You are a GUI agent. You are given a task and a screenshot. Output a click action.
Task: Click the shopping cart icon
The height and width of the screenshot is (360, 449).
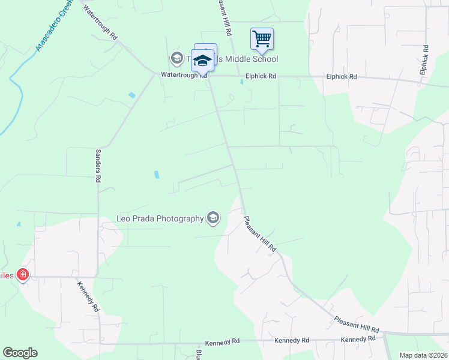click(x=262, y=40)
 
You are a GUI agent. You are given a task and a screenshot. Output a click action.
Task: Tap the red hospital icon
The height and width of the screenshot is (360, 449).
click(x=23, y=275)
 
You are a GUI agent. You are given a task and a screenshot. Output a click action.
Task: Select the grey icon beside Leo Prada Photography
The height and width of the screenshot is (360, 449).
click(x=212, y=218)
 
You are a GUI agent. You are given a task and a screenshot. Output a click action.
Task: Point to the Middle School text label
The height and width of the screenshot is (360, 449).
click(x=250, y=59)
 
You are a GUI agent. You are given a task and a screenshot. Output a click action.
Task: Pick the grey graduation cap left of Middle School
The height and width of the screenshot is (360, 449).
click(x=176, y=58)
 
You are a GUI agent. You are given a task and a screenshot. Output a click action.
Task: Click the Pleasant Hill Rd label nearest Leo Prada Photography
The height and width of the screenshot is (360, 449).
click(x=260, y=234)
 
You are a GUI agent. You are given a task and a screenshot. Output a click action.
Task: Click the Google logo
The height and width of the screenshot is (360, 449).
click(x=20, y=353)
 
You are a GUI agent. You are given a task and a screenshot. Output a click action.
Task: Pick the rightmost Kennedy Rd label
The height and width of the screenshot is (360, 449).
click(x=358, y=340)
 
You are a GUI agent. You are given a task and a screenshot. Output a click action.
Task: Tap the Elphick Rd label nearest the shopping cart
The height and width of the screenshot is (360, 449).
click(x=261, y=77)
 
